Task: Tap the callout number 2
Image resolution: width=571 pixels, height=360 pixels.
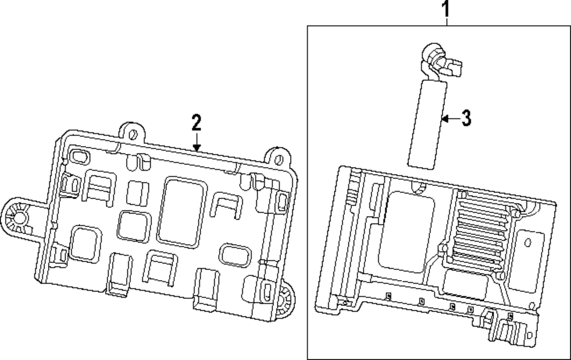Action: pos(196,122)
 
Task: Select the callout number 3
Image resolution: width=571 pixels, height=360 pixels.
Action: pos(466,118)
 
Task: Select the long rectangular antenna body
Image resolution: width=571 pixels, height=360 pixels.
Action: pos(425,123)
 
